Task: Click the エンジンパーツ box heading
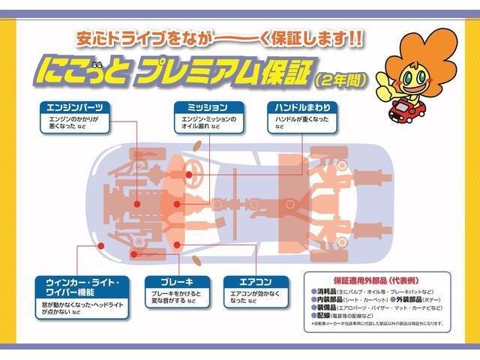click(76, 106)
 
